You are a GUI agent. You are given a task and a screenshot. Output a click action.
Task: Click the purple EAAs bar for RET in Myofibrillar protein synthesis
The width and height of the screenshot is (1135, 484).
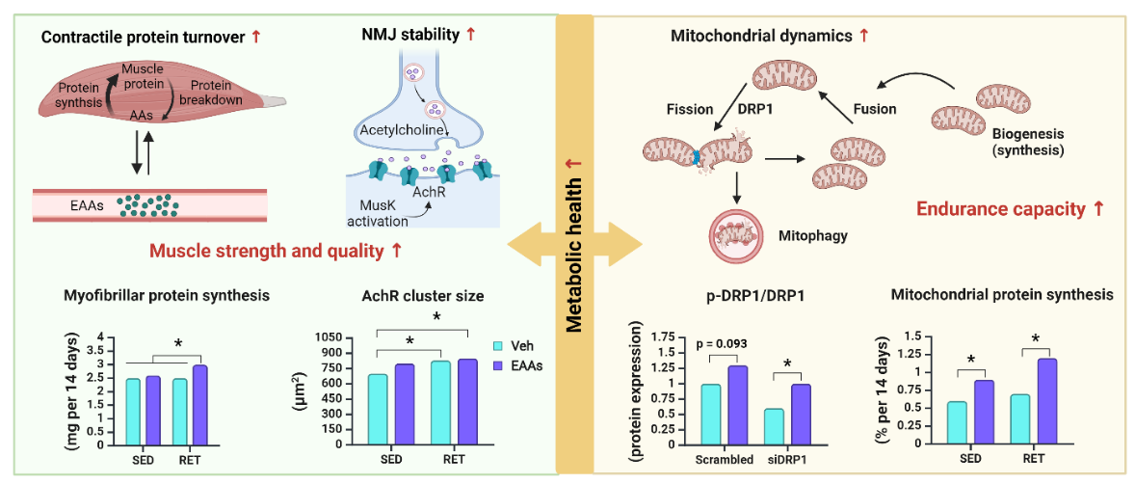click(199, 404)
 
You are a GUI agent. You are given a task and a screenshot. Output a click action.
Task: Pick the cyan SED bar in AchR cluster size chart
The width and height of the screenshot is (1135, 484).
click(377, 409)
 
